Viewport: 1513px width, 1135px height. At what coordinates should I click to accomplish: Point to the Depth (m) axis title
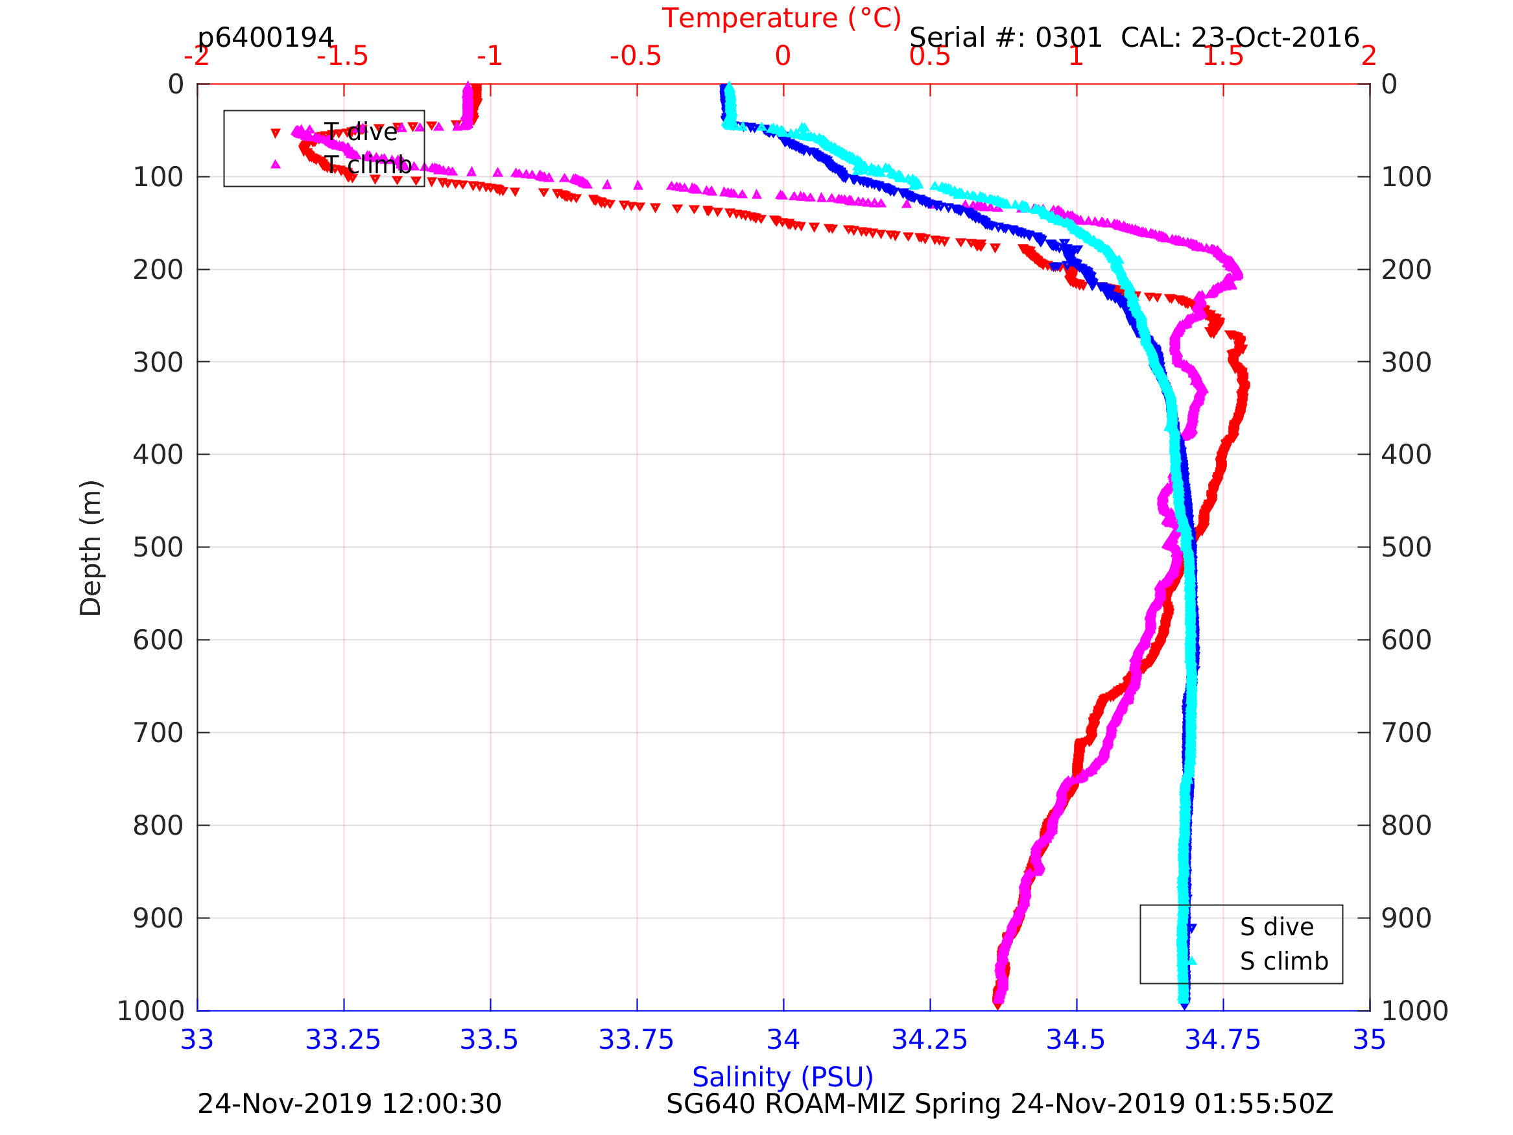(91, 547)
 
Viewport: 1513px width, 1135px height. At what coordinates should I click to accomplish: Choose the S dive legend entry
(1276, 927)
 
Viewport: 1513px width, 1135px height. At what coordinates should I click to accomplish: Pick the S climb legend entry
(1284, 961)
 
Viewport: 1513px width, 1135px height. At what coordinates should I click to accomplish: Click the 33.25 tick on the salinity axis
(342, 1040)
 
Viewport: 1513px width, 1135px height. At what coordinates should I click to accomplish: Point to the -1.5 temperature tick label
(342, 56)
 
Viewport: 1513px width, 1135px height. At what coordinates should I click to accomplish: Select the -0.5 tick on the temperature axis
(636, 56)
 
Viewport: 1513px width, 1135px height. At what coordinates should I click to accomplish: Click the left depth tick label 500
(158, 547)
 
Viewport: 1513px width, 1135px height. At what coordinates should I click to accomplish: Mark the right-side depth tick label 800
(1406, 826)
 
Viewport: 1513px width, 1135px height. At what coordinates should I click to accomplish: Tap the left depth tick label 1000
(150, 1010)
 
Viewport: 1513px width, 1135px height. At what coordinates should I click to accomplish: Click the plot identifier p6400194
(265, 38)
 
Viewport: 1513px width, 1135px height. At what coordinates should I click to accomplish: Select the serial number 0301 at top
(1068, 38)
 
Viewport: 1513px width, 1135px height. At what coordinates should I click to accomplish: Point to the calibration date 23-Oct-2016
(1275, 38)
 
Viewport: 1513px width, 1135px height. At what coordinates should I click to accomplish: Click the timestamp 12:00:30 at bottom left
(441, 1105)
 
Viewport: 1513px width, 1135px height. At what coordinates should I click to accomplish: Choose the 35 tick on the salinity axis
(1370, 1040)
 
